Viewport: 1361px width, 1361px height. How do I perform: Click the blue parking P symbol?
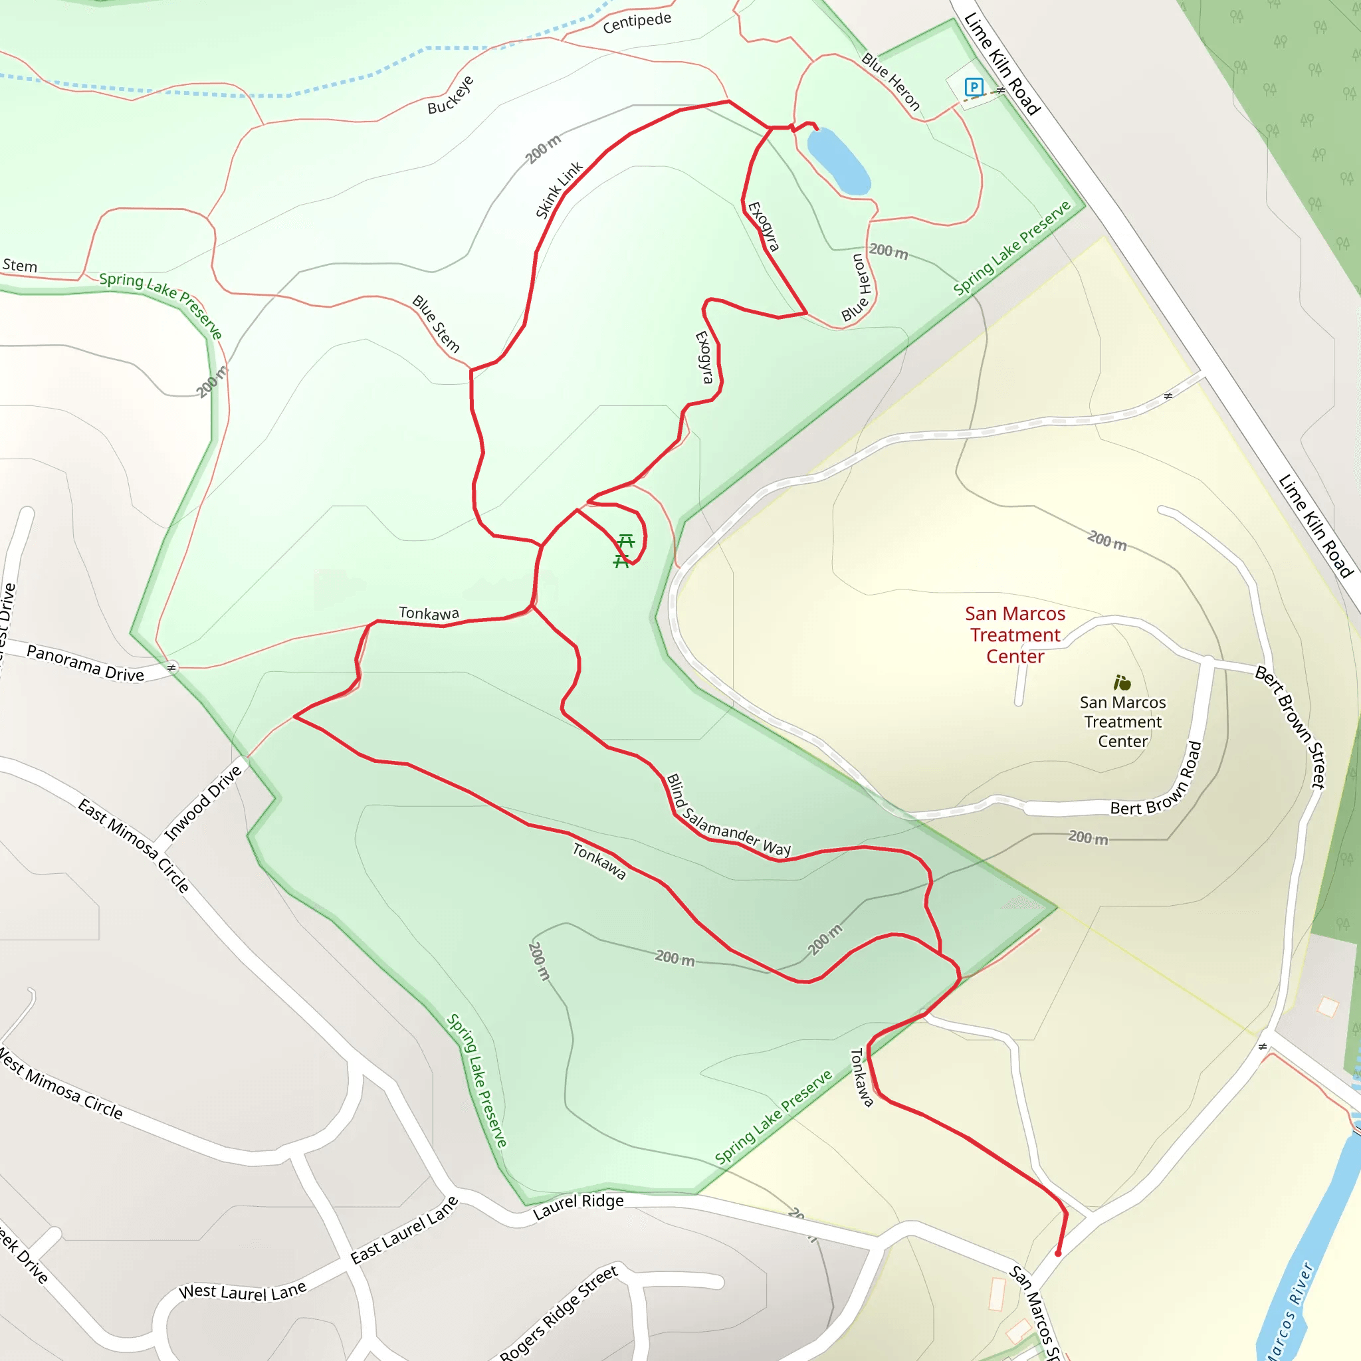(974, 87)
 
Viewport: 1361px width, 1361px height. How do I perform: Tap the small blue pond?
(837, 160)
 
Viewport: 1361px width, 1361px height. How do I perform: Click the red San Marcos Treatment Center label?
(1015, 635)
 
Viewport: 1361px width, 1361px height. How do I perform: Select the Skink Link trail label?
(559, 190)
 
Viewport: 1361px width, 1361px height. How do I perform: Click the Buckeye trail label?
(451, 94)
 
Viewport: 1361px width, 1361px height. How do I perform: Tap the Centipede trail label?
(637, 22)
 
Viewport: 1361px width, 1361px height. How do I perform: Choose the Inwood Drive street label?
(203, 802)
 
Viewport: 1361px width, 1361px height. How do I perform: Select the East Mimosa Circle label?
(133, 845)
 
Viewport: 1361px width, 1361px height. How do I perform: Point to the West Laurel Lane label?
(243, 1291)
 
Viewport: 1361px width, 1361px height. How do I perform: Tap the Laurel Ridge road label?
(578, 1205)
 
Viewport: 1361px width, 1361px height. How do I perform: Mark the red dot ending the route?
(1057, 1253)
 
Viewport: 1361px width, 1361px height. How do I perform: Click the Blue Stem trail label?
(436, 324)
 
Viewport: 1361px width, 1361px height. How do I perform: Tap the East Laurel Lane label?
(404, 1230)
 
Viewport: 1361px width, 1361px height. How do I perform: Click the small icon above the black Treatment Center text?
(1122, 682)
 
